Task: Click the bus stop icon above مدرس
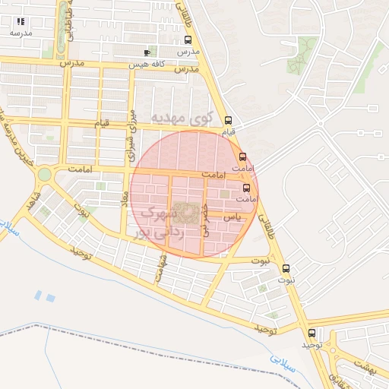[188, 40]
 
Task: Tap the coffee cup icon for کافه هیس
[147, 52]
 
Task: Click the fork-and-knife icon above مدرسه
[21, 21]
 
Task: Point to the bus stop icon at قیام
[229, 120]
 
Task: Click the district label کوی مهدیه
[181, 119]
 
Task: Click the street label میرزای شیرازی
[132, 136]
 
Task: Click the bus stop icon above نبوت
[286, 268]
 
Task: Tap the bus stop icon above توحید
[312, 333]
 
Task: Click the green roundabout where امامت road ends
[45, 174]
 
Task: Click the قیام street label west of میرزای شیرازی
[101, 122]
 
